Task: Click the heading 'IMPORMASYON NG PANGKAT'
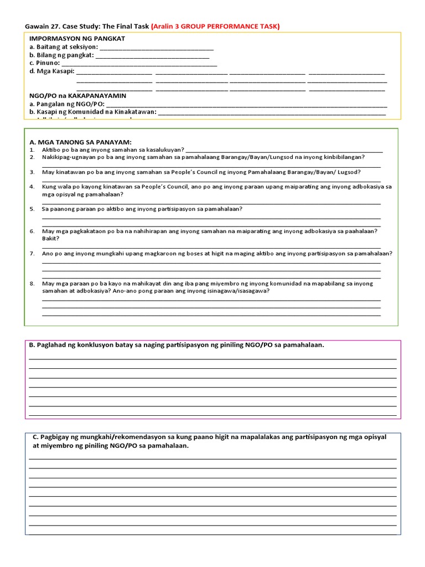[x=77, y=38]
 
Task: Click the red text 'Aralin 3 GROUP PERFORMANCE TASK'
[x=215, y=26]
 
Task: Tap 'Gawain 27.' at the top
[x=44, y=26]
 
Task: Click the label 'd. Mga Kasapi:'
[x=51, y=71]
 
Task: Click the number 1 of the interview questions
[x=32, y=150]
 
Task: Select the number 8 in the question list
[x=32, y=283]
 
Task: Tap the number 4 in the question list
[x=32, y=187]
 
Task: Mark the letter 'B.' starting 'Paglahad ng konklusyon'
[x=32, y=345]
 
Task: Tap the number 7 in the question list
[x=32, y=254]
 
